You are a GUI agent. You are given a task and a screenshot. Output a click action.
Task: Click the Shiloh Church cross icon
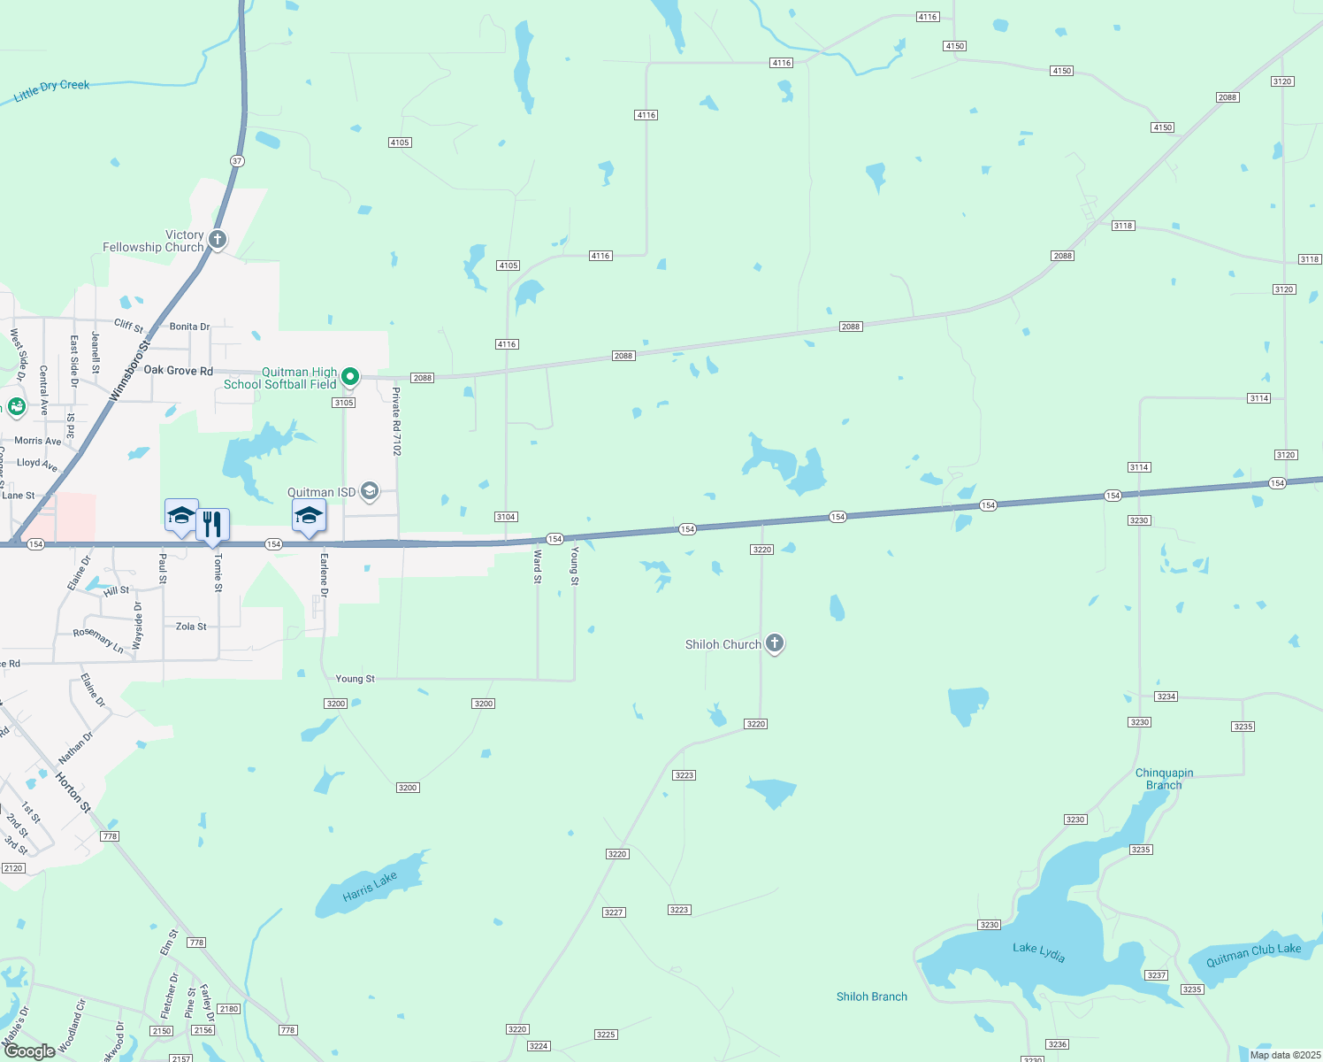click(775, 643)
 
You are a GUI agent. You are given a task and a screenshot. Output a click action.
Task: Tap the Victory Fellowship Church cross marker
click(217, 239)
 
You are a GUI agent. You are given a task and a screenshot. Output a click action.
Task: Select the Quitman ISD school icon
click(370, 491)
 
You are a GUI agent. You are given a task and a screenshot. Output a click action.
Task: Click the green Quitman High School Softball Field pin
click(350, 377)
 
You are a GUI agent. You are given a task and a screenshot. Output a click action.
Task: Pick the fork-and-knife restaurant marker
click(212, 524)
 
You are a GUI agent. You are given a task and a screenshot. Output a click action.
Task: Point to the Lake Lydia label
click(1039, 952)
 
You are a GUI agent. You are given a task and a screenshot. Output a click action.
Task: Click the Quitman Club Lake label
click(1253, 954)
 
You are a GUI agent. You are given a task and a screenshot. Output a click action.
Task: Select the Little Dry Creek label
click(52, 90)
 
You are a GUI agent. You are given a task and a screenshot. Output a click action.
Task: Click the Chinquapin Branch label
click(1164, 779)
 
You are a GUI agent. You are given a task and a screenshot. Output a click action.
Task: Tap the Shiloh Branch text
click(872, 997)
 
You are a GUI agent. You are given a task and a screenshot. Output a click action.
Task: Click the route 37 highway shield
click(237, 161)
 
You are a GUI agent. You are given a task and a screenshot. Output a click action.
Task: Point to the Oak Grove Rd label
click(179, 371)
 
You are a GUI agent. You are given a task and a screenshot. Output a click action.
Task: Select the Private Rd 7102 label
click(397, 421)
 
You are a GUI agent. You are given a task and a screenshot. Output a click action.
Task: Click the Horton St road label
click(73, 792)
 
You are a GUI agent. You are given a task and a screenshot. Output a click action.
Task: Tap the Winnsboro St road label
click(131, 370)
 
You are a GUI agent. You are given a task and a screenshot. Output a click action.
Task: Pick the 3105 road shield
click(344, 403)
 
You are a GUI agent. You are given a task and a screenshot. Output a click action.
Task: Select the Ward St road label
click(538, 566)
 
